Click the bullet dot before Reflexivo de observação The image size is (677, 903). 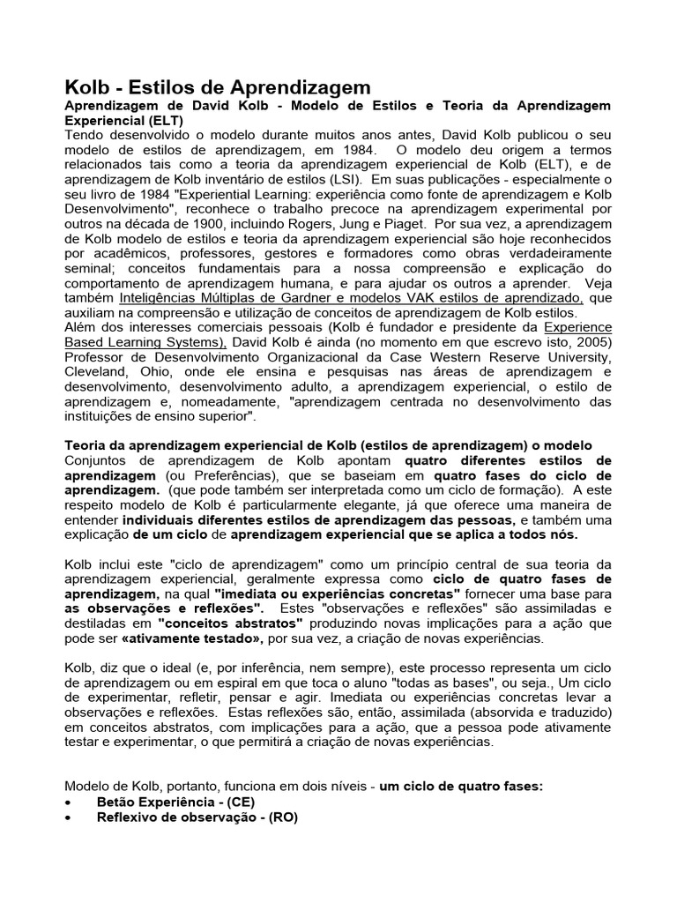point(70,818)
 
